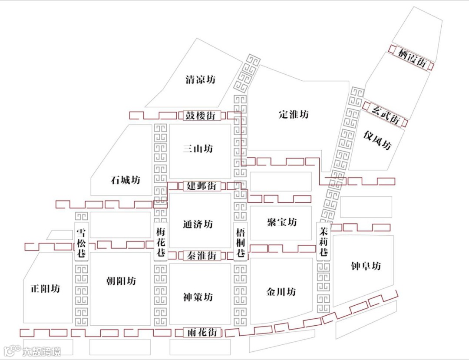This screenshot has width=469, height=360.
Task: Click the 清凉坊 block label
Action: (200, 80)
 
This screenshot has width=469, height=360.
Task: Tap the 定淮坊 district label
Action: (294, 115)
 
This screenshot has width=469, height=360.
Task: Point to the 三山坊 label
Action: (198, 149)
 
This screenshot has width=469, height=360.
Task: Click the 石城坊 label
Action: (126, 180)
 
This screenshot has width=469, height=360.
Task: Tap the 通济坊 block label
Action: (198, 225)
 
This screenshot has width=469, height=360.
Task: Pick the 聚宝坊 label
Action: (282, 222)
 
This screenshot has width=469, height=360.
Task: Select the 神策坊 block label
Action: (198, 297)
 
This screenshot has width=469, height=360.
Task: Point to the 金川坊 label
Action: (281, 292)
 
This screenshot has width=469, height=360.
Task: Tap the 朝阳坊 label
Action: (121, 281)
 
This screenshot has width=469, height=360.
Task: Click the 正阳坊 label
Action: (45, 288)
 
